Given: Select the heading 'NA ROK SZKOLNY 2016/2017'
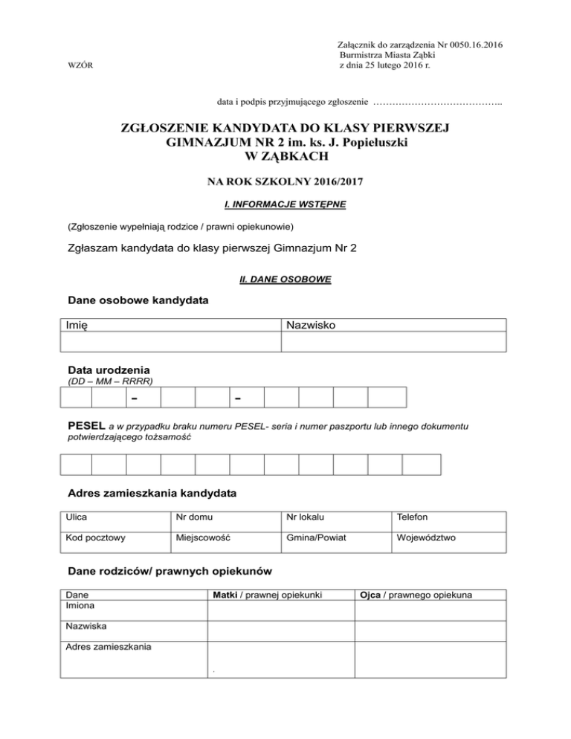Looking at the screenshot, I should click(285, 181).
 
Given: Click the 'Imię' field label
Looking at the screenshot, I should click(77, 326).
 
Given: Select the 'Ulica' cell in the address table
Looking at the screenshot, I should click(76, 517).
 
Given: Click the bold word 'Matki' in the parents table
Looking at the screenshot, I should click(225, 595).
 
